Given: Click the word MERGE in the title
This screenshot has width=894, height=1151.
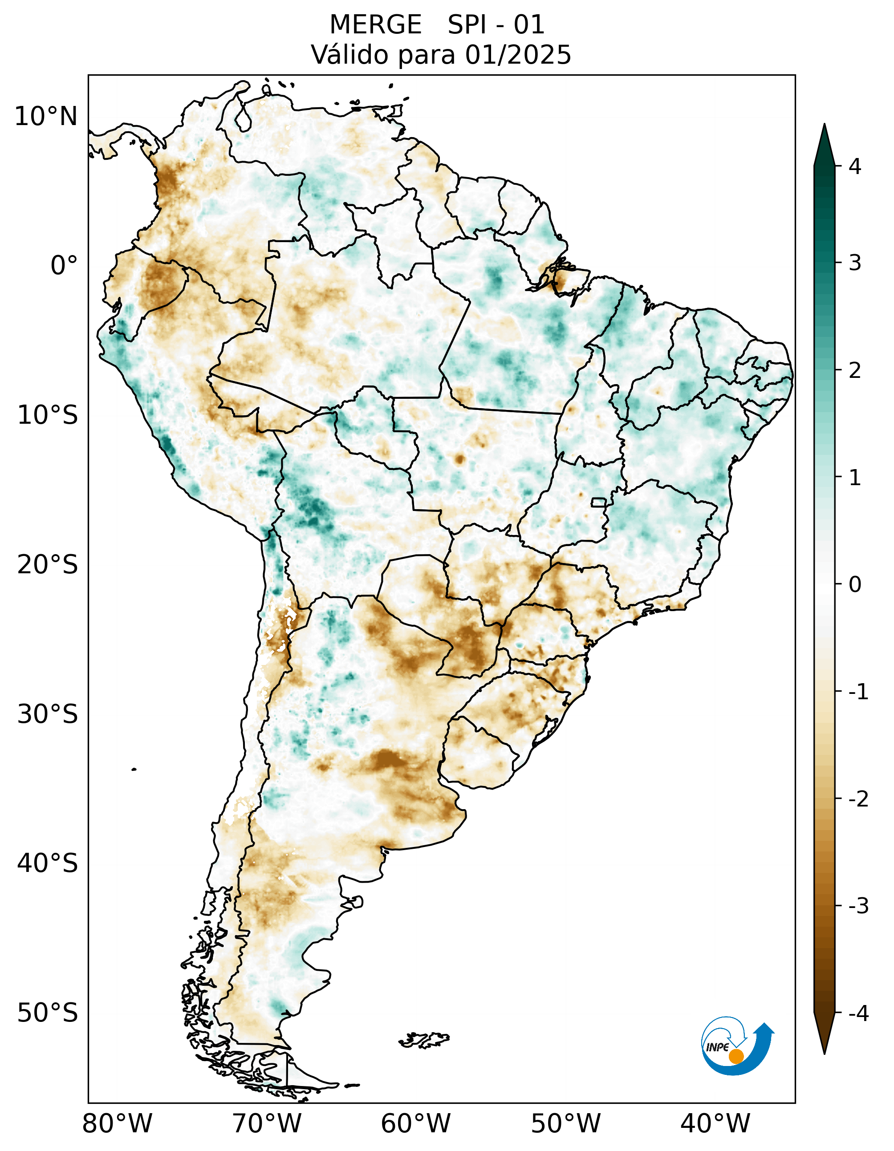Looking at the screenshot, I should coord(375,25).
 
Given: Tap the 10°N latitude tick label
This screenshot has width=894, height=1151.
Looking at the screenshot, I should coord(46,117).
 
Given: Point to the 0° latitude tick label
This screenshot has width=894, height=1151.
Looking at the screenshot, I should coord(64,266).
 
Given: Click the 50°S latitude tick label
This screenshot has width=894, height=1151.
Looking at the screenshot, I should coord(48,1013).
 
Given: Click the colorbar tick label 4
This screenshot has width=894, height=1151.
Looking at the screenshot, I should coord(855,166).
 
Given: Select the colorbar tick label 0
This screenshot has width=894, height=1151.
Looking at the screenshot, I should coord(855,584).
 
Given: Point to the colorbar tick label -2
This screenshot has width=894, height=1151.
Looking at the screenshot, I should coord(858,799).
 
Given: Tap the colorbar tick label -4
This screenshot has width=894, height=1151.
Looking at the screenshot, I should coord(858,1013).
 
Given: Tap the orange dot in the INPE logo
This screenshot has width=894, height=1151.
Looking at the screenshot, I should coord(736,1056).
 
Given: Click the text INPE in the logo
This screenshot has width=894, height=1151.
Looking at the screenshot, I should coord(717,1047).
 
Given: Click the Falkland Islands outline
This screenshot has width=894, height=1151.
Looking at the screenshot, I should coord(424,1039).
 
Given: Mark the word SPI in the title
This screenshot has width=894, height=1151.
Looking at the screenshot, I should coord(467,25).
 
